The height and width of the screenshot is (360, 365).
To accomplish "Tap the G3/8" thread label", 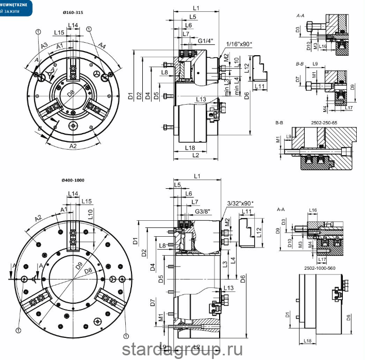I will click(204, 211).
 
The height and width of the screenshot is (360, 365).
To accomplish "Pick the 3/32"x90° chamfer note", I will click(239, 204).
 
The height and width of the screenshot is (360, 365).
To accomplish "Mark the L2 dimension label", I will click(195, 155).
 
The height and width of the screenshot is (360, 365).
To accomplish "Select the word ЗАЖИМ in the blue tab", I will click(15, 11).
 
